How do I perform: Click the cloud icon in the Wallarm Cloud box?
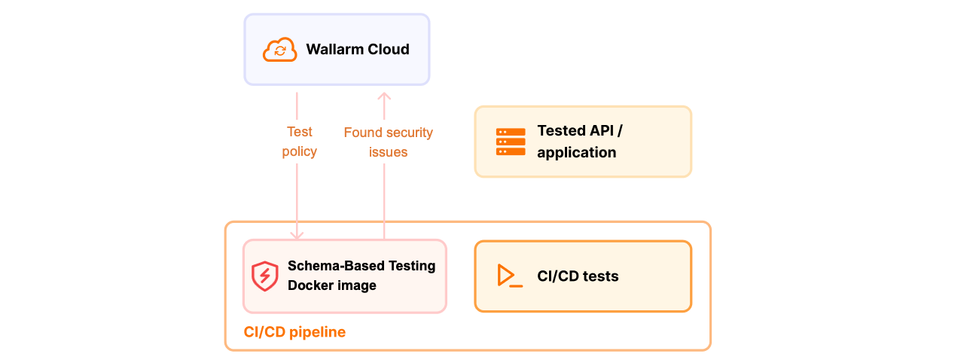279,50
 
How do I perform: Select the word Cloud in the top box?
389,50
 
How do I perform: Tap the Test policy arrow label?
299,142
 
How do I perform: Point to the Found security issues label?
388,142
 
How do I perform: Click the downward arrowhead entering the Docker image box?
297,235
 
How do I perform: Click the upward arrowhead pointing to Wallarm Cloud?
384,97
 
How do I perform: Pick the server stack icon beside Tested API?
511,142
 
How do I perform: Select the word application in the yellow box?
576,153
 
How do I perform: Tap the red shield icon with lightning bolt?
264,276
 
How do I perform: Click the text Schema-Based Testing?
361,266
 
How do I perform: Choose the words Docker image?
331,285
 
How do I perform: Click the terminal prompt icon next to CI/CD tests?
509,276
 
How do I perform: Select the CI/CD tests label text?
578,276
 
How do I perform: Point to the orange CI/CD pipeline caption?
294,332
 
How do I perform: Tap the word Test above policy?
299,133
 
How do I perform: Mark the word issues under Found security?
388,152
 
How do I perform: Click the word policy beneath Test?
299,152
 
